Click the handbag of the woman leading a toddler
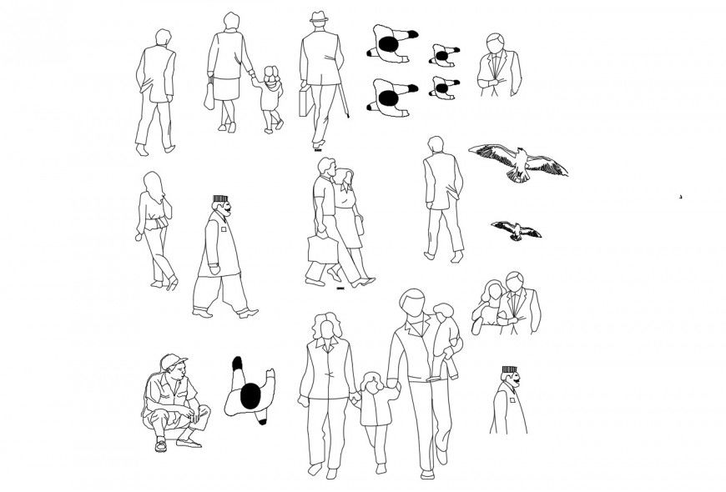pyautogui.click(x=209, y=95)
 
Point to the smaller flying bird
pyautogui.click(x=516, y=229)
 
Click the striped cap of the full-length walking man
pyautogui.click(x=219, y=199)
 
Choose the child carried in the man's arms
pyautogui.click(x=444, y=338)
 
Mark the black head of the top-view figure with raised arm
pyautogui.click(x=250, y=398)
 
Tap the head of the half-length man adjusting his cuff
pyautogui.click(x=496, y=43)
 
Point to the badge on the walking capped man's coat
pyautogui.click(x=224, y=226)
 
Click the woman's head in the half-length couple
pyautogui.click(x=492, y=291)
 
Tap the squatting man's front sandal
pyautogui.click(x=161, y=444)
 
